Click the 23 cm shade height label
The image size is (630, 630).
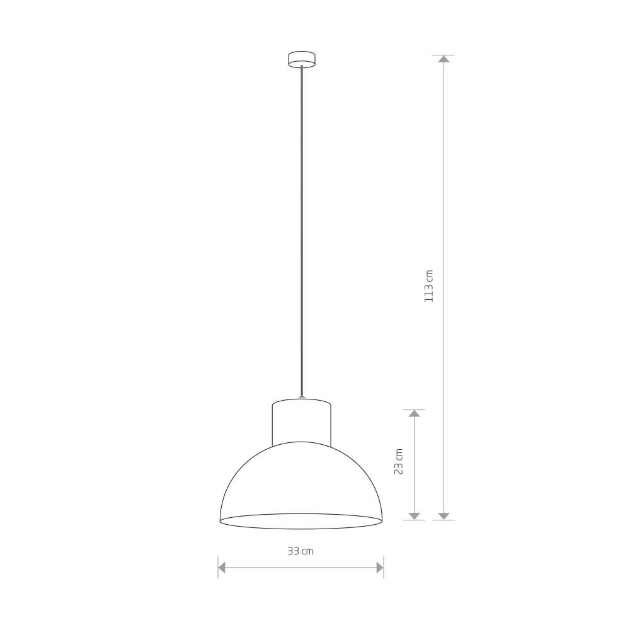point(398,462)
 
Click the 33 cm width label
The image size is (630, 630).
point(300,551)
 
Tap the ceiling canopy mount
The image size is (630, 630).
point(301,59)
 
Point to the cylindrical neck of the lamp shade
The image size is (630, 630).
point(301,422)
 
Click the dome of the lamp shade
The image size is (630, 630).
point(301,479)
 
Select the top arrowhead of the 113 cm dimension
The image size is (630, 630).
point(444,59)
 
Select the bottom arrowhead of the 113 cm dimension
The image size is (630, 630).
point(444,515)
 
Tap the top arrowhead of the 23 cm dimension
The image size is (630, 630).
point(414,414)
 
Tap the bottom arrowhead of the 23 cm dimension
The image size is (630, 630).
point(414,515)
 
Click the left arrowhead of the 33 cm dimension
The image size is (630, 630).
point(222,568)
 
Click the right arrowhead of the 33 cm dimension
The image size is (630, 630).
point(380,568)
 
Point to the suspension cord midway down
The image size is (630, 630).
point(302,233)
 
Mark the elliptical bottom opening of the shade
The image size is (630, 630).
point(301,521)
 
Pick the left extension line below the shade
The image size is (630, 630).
point(218,567)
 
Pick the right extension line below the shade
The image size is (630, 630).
point(384,567)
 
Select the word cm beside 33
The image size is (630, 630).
point(307,552)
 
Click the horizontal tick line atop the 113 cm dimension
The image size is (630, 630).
point(444,55)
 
